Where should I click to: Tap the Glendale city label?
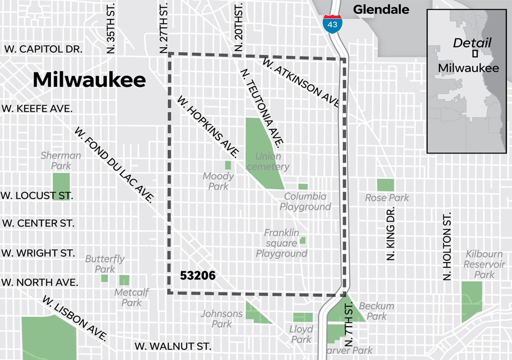pos(381,9)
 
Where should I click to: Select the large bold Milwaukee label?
pos(89,80)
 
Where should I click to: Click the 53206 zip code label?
pos(197,276)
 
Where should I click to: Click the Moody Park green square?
pos(228,165)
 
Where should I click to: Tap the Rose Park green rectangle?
pos(385,185)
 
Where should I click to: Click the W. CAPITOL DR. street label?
pos(43,49)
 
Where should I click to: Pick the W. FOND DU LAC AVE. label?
pos(114,164)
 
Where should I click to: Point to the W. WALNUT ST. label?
pos(173,346)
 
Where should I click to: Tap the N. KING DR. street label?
pos(391,234)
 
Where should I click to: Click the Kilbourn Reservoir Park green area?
pos(471,301)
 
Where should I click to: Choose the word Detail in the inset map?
pos(472,42)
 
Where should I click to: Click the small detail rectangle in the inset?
pos(475,54)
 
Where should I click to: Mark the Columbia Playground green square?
pos(303,187)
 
